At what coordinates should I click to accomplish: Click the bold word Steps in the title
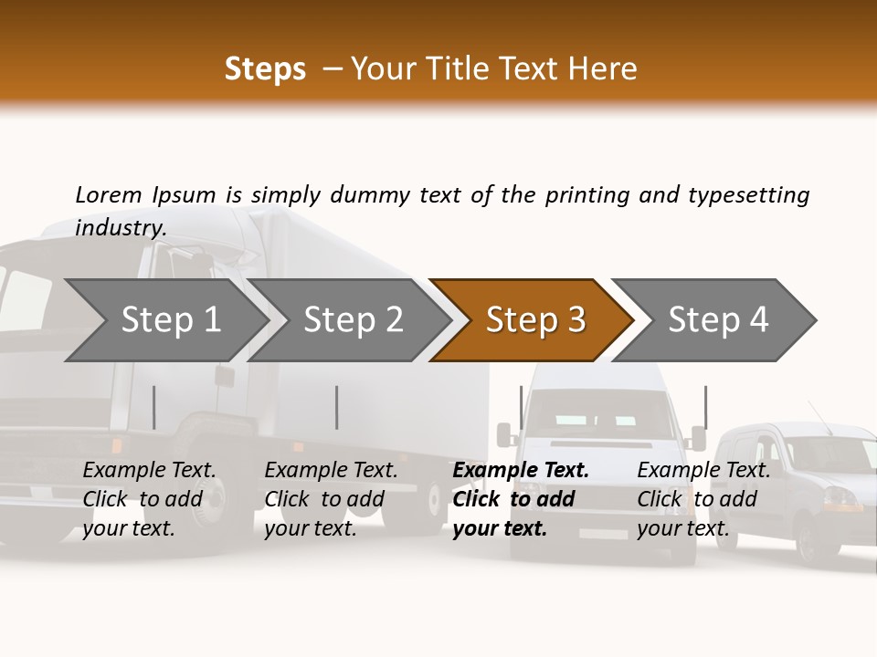265,69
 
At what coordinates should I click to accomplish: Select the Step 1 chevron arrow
170,320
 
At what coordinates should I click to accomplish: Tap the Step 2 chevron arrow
353,320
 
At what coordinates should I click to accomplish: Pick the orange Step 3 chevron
534,320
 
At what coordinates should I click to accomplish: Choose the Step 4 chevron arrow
717,320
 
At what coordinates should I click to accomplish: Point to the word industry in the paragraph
120,228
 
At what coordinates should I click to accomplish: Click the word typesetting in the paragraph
748,195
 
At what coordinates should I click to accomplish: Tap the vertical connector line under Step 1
154,407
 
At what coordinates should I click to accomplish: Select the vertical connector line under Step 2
337,407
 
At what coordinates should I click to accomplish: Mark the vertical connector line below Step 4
705,407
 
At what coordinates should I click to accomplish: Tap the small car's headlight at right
842,498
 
